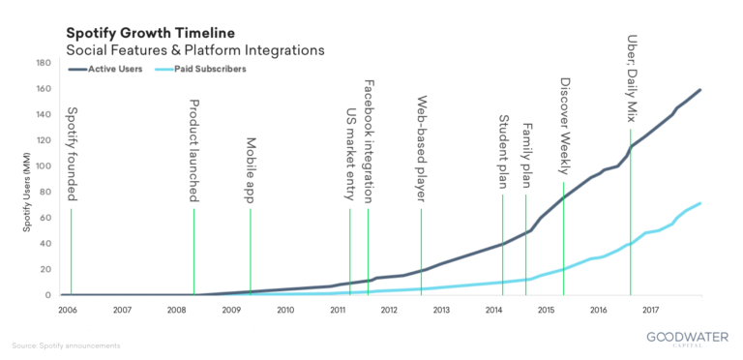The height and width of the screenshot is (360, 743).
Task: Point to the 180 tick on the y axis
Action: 44,63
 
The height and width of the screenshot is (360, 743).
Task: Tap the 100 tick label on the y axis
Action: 44,166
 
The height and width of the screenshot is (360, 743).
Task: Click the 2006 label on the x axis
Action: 68,311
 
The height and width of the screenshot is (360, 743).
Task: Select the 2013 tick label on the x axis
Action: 441,311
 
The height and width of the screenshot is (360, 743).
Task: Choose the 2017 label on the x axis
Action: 649,311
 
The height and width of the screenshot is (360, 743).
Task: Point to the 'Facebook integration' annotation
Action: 369,141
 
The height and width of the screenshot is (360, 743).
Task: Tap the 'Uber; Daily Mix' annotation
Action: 632,77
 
